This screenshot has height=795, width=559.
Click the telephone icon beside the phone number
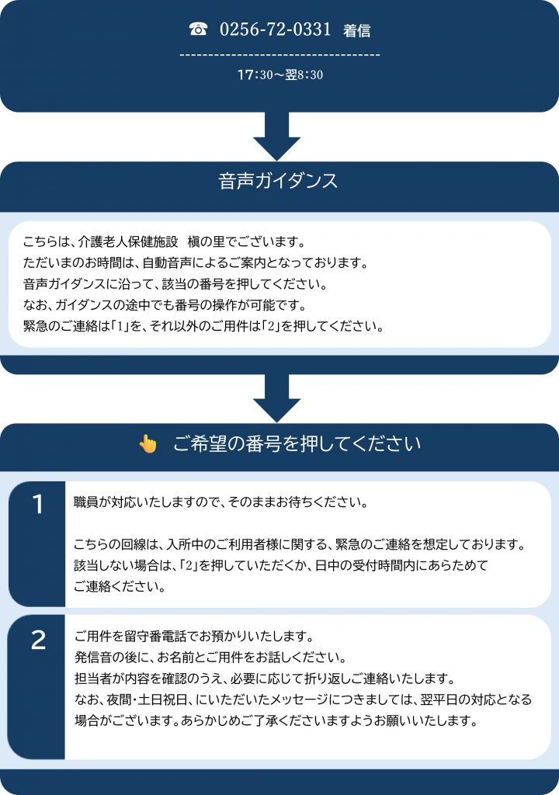[198, 30]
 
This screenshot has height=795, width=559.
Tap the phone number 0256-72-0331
[276, 30]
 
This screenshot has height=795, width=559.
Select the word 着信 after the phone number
[356, 31]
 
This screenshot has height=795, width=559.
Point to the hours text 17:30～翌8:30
[279, 75]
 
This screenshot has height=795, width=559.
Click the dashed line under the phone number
[279, 55]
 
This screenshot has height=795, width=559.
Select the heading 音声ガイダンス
[279, 181]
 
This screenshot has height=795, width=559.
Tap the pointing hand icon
[148, 443]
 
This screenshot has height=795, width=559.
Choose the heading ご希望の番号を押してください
[297, 443]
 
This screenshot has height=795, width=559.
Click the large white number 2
[38, 641]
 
